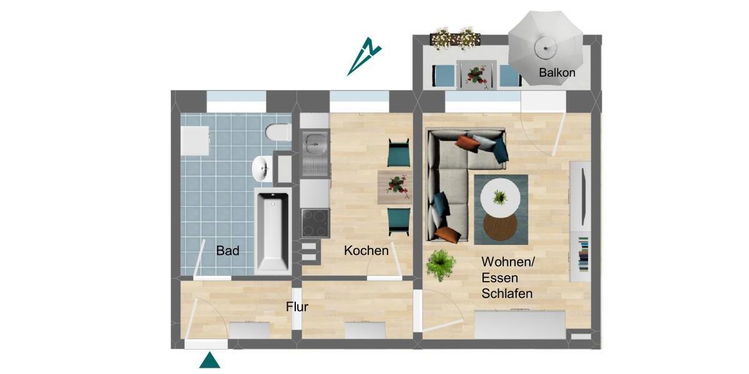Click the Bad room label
point(228,251)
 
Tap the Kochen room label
point(366,251)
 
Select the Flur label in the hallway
point(297,307)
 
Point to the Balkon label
point(557,73)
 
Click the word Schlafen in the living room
point(506,294)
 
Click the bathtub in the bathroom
point(272,231)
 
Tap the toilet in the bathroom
point(277,133)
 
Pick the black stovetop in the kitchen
point(314,223)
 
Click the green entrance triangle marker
point(209,361)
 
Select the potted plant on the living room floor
point(441,265)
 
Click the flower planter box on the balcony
point(456,38)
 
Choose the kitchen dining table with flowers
point(394,186)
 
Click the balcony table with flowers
point(476,75)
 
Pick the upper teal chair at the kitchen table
point(398,153)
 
